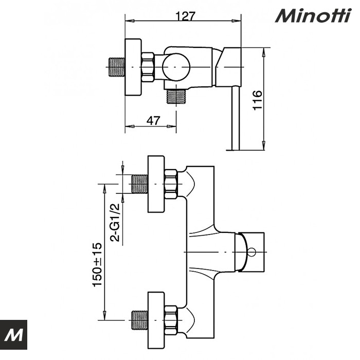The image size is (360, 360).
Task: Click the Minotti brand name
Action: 313,15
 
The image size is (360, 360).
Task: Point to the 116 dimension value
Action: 258,101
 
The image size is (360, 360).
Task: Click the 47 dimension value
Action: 153,121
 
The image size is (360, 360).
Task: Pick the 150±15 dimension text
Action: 97,264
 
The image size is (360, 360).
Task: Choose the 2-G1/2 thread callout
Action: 115,222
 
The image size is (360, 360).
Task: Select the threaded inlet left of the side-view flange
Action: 117,67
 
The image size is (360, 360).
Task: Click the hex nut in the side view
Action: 148,67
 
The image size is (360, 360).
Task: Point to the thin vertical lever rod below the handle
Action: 236,118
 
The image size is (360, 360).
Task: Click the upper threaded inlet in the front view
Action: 139,184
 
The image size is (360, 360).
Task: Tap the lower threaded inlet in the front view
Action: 139,319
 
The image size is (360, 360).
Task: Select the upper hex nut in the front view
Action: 171,184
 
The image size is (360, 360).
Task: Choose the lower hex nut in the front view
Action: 171,319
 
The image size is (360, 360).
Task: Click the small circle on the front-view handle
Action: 251,253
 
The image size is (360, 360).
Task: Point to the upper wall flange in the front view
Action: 156,184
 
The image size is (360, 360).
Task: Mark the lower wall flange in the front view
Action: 156,319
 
